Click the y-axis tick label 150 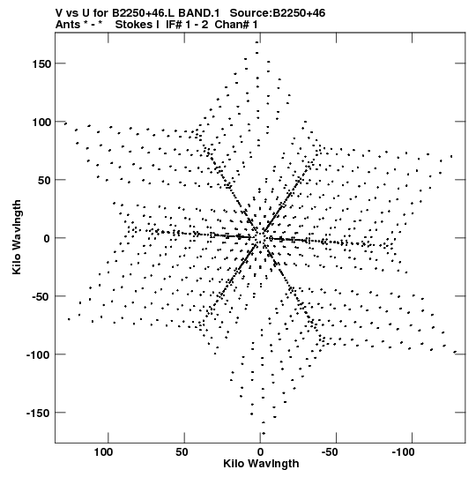point(41,64)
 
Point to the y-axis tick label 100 point(41,123)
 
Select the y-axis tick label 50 point(44,181)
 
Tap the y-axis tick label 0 point(47,239)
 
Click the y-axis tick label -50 point(41,297)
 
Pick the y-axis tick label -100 point(38,355)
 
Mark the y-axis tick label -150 point(38,414)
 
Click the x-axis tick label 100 point(103,452)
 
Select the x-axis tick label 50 point(182,452)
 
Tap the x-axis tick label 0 point(260,452)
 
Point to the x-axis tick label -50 point(330,452)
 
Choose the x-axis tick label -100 point(403,452)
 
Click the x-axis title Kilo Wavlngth point(261,464)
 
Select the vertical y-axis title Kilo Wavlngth point(17,237)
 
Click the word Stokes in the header point(137,25)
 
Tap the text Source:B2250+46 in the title point(278,13)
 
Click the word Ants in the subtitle point(68,25)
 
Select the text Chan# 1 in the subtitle point(236,25)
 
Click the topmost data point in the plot point(257,42)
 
